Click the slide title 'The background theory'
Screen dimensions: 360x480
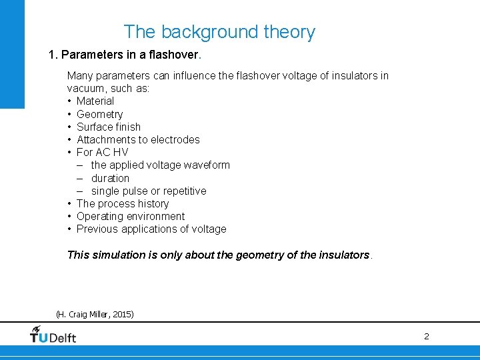(x=219, y=32)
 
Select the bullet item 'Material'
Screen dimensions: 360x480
(x=95, y=101)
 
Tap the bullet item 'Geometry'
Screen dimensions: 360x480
(x=99, y=114)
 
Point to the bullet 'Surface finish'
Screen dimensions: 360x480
(x=109, y=127)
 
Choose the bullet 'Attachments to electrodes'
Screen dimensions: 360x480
(x=138, y=139)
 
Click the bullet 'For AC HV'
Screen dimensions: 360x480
(x=102, y=152)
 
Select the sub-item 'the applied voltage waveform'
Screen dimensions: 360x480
(x=160, y=165)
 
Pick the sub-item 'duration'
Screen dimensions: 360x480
(x=110, y=178)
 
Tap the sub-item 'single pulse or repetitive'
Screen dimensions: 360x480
(x=149, y=191)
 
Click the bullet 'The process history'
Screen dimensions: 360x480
(x=123, y=203)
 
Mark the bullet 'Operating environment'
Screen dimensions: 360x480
(x=131, y=216)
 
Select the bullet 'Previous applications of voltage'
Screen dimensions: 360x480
(x=151, y=229)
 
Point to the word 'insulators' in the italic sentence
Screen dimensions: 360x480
(x=342, y=255)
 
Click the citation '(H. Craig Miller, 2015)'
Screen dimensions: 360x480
(x=95, y=314)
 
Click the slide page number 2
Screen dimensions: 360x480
(x=427, y=337)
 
